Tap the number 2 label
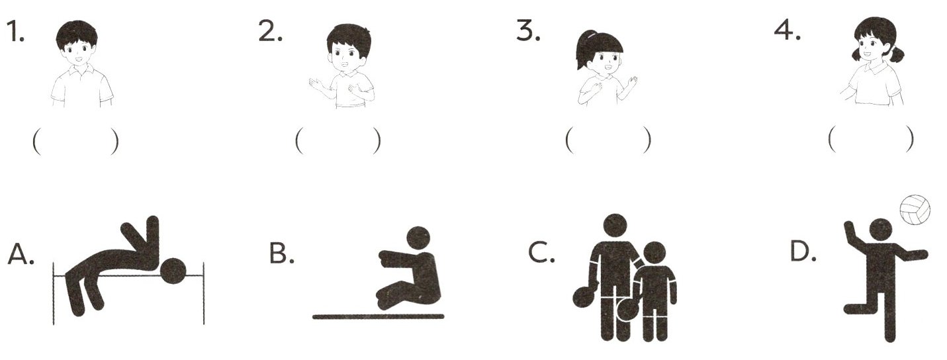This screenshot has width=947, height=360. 270,31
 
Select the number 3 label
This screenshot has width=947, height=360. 528,31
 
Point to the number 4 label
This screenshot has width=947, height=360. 788,31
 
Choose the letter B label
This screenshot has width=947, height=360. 281,253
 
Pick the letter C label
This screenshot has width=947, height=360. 541,253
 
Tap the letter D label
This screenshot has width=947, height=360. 803,252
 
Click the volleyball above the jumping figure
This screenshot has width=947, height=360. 915,210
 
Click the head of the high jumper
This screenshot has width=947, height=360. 173,270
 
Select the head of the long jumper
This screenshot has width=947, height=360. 418,238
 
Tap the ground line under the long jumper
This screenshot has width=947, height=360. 379,316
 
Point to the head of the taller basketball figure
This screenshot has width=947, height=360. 615,226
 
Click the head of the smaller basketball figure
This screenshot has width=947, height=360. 654,253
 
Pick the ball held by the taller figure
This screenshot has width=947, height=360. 586,296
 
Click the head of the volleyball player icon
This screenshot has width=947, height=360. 881,230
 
